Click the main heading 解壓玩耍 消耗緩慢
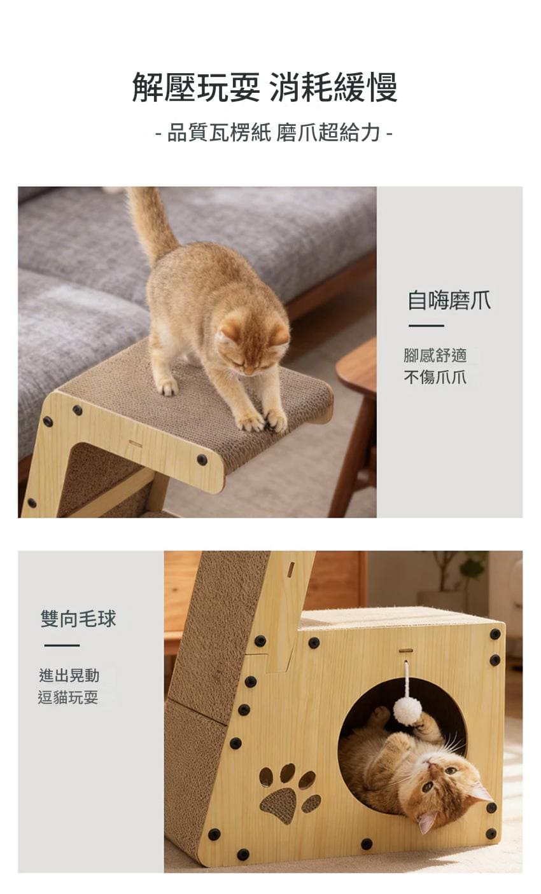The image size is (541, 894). tap(265, 87)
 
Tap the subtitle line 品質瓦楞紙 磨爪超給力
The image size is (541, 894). tap(274, 132)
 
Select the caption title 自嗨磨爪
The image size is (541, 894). tap(449, 301)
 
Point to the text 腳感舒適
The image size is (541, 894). tap(435, 355)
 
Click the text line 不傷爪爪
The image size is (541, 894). tap(435, 377)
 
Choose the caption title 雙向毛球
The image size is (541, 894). tap(78, 619)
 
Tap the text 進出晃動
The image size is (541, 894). tap(69, 675)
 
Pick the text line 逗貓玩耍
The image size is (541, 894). tap(68, 698)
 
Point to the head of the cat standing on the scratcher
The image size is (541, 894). tap(253, 344)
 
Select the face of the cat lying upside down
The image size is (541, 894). tap(444, 783)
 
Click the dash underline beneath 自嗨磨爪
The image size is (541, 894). tap(426, 326)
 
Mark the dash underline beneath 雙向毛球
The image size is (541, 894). tap(62, 645)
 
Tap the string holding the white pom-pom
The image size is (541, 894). tap(406, 679)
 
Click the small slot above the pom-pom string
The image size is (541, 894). tap(405, 650)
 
